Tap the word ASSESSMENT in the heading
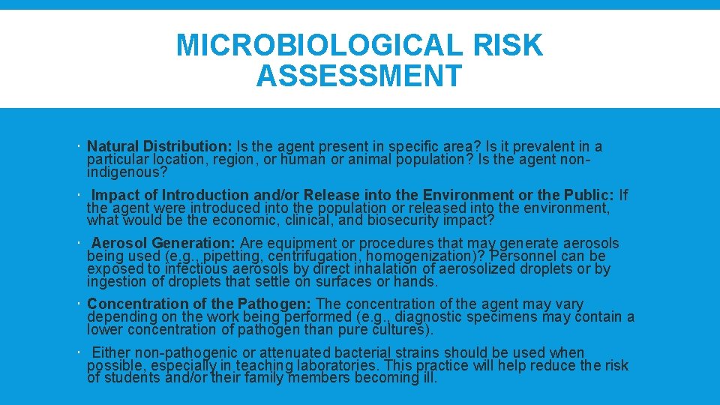tap(358, 76)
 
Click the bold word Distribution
tap(188, 146)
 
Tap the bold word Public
tap(592, 195)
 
